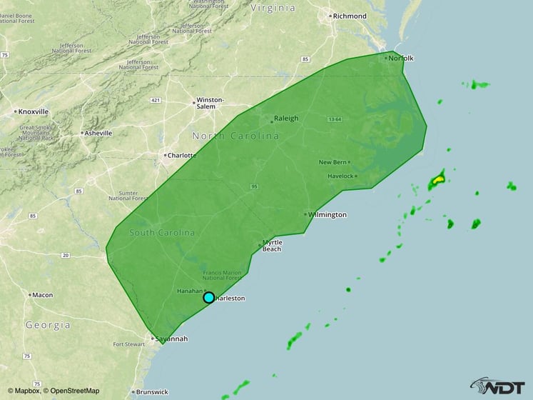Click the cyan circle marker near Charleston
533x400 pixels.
[x=208, y=297]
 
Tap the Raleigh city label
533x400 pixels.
[x=286, y=119]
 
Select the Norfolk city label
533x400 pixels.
[x=401, y=58]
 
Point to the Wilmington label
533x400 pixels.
[x=328, y=214]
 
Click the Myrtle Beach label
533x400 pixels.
[x=272, y=245]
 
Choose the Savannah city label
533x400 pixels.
[x=171, y=339]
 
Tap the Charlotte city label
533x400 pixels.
[x=183, y=154]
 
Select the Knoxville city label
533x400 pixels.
[x=34, y=111]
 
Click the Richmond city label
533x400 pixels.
[x=350, y=15]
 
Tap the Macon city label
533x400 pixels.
[x=42, y=294]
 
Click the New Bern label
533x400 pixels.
[x=333, y=162]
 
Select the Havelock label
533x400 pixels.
[x=340, y=176]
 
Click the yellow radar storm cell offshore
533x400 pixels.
[x=437, y=181]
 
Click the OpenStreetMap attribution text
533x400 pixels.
[x=71, y=391]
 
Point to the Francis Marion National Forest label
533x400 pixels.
[x=220, y=277]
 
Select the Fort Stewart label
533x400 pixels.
[x=128, y=344]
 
